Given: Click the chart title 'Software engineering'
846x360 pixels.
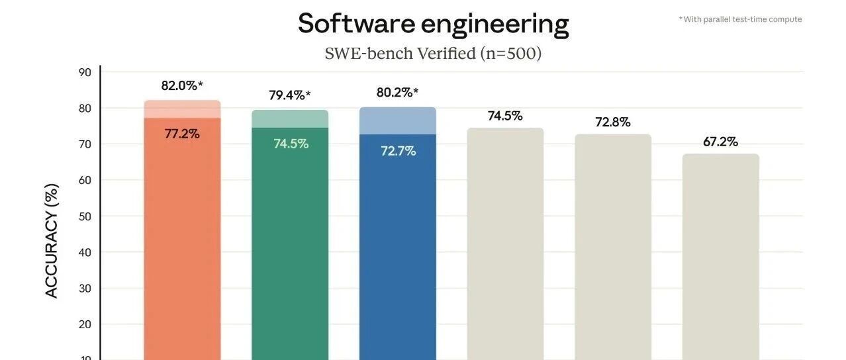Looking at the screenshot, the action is click(x=433, y=24).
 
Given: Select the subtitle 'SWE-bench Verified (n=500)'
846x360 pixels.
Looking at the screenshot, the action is click(x=433, y=53).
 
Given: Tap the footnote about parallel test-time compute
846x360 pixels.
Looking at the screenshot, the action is click(x=740, y=19).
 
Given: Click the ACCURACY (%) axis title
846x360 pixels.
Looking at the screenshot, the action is click(x=52, y=241).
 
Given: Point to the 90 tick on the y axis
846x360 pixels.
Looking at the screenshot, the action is click(x=85, y=72).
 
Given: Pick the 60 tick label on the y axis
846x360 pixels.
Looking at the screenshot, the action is click(x=85, y=180).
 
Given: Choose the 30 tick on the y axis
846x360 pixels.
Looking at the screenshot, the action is click(x=85, y=289).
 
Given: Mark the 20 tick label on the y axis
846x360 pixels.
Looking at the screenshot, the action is click(x=85, y=324).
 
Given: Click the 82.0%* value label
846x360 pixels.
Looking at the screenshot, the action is click(x=182, y=86).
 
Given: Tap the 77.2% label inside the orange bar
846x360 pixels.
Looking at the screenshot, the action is click(x=182, y=134).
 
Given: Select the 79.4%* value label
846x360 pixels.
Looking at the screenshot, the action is click(x=290, y=95).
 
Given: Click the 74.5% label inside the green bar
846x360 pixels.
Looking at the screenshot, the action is click(x=291, y=144).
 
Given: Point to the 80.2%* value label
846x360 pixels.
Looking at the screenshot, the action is click(x=397, y=93).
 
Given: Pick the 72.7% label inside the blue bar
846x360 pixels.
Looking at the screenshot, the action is click(x=398, y=151).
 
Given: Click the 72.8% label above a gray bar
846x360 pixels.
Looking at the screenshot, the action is click(x=612, y=122).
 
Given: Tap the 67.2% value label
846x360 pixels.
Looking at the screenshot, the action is click(x=720, y=142).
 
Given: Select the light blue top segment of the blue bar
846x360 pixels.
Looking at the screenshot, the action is click(x=398, y=121).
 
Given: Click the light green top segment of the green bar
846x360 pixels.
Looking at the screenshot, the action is click(x=290, y=119).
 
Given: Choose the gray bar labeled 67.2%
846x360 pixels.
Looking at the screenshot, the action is click(x=721, y=257).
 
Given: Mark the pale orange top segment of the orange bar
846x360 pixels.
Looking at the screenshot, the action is click(x=183, y=109).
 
